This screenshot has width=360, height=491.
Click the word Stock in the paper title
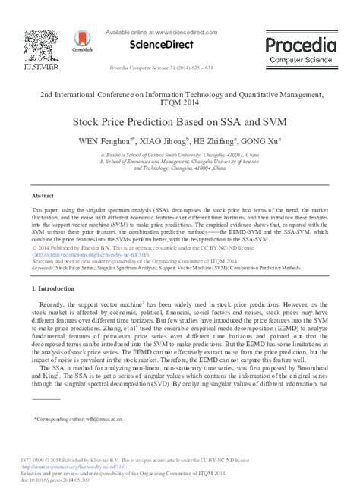pos(89,121)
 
